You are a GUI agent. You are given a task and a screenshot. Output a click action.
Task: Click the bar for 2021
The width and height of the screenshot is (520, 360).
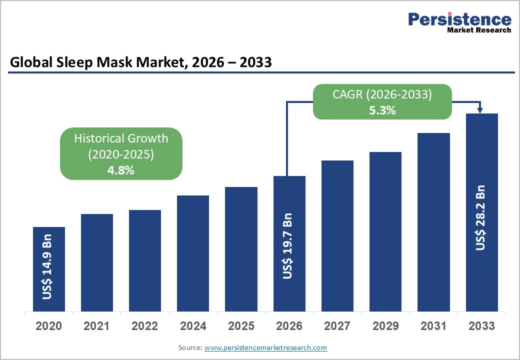tap(96, 262)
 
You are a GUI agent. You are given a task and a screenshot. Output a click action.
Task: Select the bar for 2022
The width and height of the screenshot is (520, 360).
tap(145, 260)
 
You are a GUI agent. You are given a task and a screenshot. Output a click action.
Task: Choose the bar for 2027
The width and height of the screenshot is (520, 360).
tap(337, 235)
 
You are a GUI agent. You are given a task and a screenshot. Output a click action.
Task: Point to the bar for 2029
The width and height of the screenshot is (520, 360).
tap(385, 231)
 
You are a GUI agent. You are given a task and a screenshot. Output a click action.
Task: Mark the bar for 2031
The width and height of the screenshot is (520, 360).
tap(433, 222)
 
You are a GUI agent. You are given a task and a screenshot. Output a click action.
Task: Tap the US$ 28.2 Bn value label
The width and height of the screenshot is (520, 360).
tap(480, 217)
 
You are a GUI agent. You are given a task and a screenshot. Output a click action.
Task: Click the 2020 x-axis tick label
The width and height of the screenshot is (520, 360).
tap(48, 326)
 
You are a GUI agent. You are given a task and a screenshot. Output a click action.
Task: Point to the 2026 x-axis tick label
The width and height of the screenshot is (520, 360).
tap(289, 326)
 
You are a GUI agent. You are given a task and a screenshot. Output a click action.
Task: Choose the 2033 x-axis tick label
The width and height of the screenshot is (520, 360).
tap(481, 326)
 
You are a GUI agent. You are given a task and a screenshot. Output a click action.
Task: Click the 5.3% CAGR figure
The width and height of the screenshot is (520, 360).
tap(382, 110)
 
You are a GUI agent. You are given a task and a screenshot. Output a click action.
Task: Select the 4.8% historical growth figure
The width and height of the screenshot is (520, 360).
tap(121, 170)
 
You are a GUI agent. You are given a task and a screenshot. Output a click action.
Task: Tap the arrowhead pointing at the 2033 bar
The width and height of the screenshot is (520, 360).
tap(480, 110)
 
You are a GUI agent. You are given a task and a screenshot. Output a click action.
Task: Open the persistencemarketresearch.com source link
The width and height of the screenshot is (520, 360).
tap(265, 347)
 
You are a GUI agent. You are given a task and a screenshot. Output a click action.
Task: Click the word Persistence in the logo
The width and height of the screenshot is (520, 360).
tap(459, 19)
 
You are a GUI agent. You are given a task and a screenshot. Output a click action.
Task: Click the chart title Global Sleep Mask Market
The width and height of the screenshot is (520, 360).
tap(100, 62)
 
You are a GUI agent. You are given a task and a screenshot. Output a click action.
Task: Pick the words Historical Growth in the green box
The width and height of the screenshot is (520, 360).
tap(121, 138)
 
